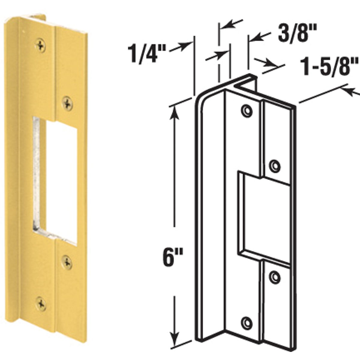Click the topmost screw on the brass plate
pyautogui.click(x=40, y=46)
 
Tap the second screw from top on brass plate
pyautogui.click(x=67, y=103)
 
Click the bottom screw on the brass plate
pyautogui.click(x=40, y=304)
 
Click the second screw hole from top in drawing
pyautogui.click(x=274, y=165)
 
